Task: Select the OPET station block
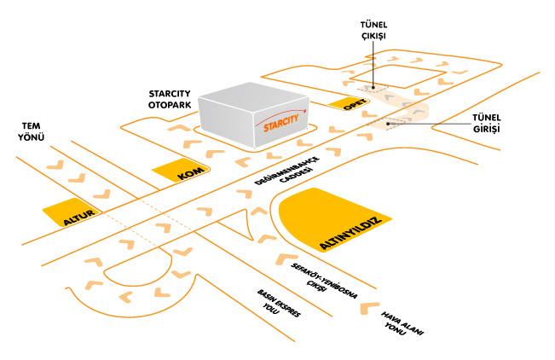click(x=351, y=106)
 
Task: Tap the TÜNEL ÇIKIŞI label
click(x=376, y=32)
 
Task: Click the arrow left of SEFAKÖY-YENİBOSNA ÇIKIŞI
click(x=285, y=257)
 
